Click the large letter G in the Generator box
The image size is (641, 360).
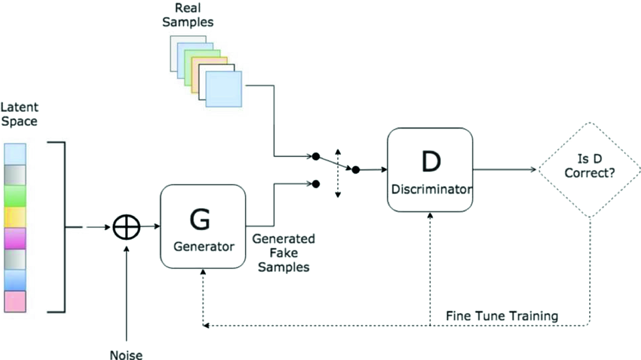[x=200, y=219]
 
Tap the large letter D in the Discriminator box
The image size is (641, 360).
[x=431, y=161]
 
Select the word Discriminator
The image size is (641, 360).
[x=431, y=189]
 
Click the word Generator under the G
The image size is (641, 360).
[x=204, y=246]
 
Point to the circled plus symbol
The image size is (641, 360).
[x=127, y=227]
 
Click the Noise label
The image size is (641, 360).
[x=126, y=354]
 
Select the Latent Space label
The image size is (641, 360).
[x=19, y=114]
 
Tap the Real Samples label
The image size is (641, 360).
[x=188, y=15]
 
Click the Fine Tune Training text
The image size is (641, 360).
[x=502, y=316]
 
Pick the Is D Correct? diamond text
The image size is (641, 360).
[x=590, y=166]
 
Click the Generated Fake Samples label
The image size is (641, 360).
[x=284, y=253]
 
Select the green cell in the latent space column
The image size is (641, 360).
[x=15, y=196]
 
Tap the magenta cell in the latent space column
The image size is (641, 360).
[x=15, y=238]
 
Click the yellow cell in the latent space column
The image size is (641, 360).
[x=15, y=218]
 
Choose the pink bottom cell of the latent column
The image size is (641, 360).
[x=15, y=301]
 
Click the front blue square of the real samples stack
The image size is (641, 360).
[x=224, y=89]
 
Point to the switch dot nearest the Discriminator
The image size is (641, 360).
[x=356, y=170]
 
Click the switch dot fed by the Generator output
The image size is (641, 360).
[x=316, y=184]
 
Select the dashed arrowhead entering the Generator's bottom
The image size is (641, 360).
[x=203, y=272]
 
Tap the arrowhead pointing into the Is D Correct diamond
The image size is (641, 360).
[x=533, y=169]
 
